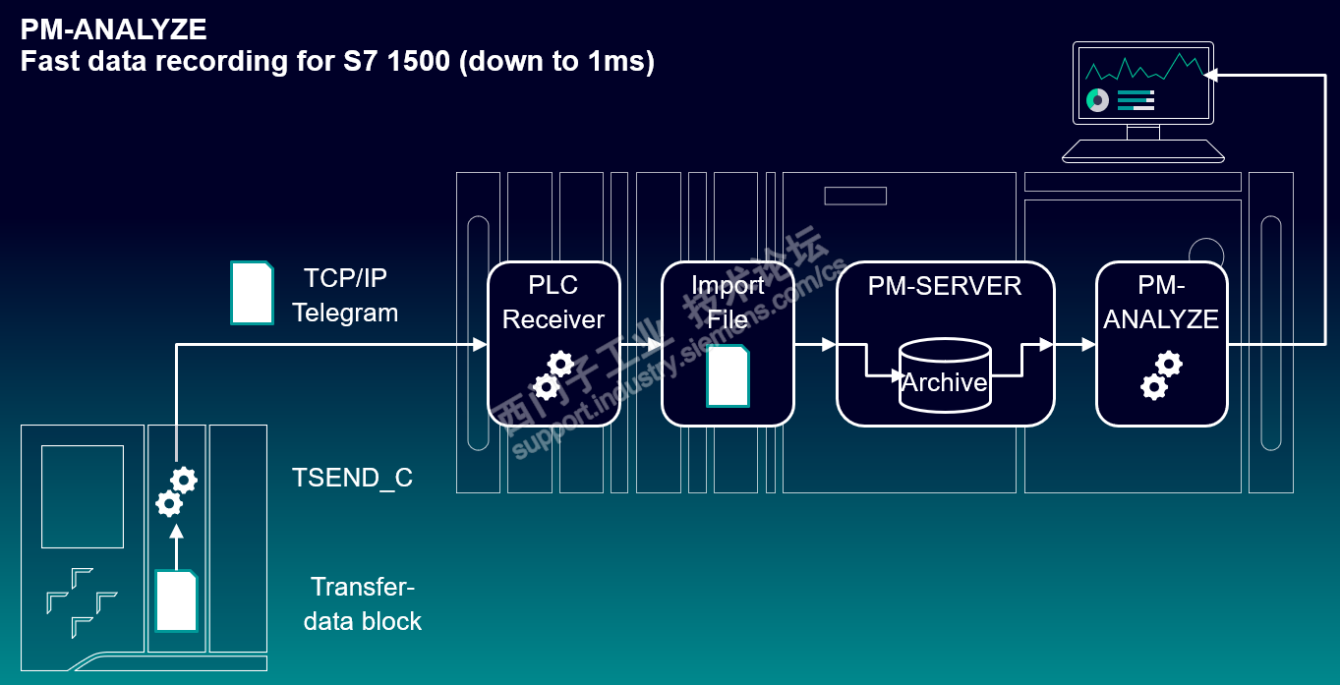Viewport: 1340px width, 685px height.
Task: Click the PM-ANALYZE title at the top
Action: (x=114, y=29)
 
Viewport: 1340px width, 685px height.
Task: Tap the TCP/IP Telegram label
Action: (x=345, y=296)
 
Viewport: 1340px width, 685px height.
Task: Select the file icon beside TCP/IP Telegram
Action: (x=252, y=293)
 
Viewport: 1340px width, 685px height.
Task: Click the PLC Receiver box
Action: (x=553, y=344)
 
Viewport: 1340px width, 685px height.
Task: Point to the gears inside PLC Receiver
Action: (x=553, y=375)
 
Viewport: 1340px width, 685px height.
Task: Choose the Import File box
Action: (x=728, y=344)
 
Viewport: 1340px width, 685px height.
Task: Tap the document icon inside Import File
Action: (x=728, y=376)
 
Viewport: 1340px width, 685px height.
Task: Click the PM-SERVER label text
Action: (x=945, y=286)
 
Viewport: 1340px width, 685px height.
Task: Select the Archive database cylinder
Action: (x=945, y=375)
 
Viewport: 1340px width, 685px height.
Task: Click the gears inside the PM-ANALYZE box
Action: (x=1162, y=375)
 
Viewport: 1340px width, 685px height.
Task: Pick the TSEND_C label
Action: (x=352, y=478)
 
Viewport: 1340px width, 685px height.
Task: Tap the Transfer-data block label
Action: (x=363, y=604)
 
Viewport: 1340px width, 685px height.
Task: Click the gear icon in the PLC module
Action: (x=177, y=491)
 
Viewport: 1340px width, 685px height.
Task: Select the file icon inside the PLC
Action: (x=177, y=600)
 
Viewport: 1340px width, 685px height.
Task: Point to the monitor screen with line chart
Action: (x=1143, y=84)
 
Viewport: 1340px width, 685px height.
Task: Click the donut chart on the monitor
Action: (x=1097, y=100)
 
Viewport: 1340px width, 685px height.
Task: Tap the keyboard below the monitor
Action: (x=1143, y=150)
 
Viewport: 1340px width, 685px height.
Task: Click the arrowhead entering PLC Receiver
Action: (x=480, y=344)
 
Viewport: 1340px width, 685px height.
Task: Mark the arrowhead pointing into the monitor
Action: (x=1210, y=75)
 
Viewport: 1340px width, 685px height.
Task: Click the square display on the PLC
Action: (x=83, y=496)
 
